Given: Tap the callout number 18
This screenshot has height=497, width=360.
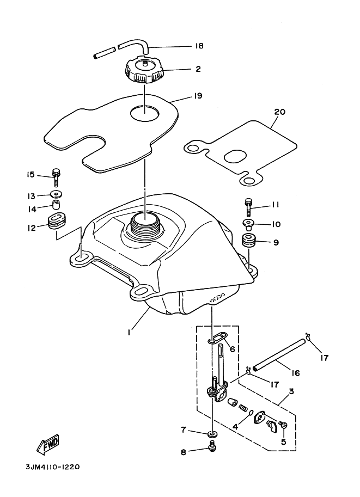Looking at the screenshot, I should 199,46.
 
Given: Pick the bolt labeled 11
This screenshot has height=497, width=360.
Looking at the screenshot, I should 248,205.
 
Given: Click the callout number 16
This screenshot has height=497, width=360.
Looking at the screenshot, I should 296,373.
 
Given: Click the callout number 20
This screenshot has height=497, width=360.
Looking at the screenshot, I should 279,112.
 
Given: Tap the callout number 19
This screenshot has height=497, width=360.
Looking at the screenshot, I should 198,95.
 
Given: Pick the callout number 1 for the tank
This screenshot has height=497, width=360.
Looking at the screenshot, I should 129,332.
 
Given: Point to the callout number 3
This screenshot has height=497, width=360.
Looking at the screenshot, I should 291,391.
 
